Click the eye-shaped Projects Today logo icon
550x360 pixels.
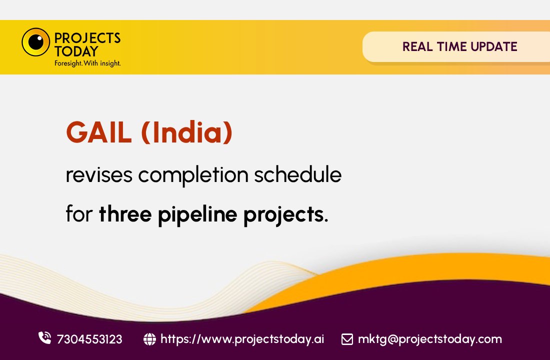click(x=35, y=42)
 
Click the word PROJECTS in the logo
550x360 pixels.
click(x=87, y=37)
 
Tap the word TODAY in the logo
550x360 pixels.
click(x=76, y=51)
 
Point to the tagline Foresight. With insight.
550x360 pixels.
click(x=87, y=63)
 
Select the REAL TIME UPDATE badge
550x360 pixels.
click(x=459, y=47)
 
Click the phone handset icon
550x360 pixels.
click(x=44, y=338)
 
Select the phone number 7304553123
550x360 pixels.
click(x=89, y=339)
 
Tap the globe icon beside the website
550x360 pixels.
click(x=149, y=339)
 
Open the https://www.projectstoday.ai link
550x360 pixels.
click(x=242, y=339)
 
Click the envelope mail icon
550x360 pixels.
click(x=347, y=339)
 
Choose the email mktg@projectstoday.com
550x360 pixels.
click(x=429, y=339)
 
